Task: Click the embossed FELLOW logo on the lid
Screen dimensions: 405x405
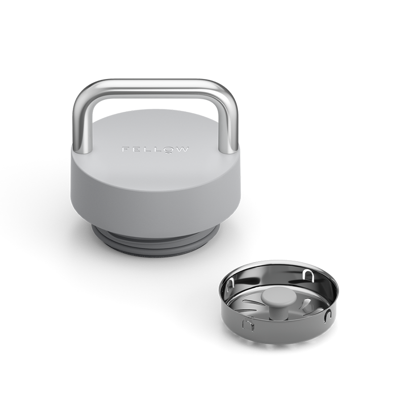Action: tap(155, 150)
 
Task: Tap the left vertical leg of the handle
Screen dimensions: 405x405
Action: tap(80, 127)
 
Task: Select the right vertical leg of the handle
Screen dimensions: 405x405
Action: tap(232, 127)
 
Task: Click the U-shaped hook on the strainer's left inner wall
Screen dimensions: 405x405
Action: tap(231, 286)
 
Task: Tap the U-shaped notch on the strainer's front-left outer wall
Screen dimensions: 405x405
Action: tap(249, 325)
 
